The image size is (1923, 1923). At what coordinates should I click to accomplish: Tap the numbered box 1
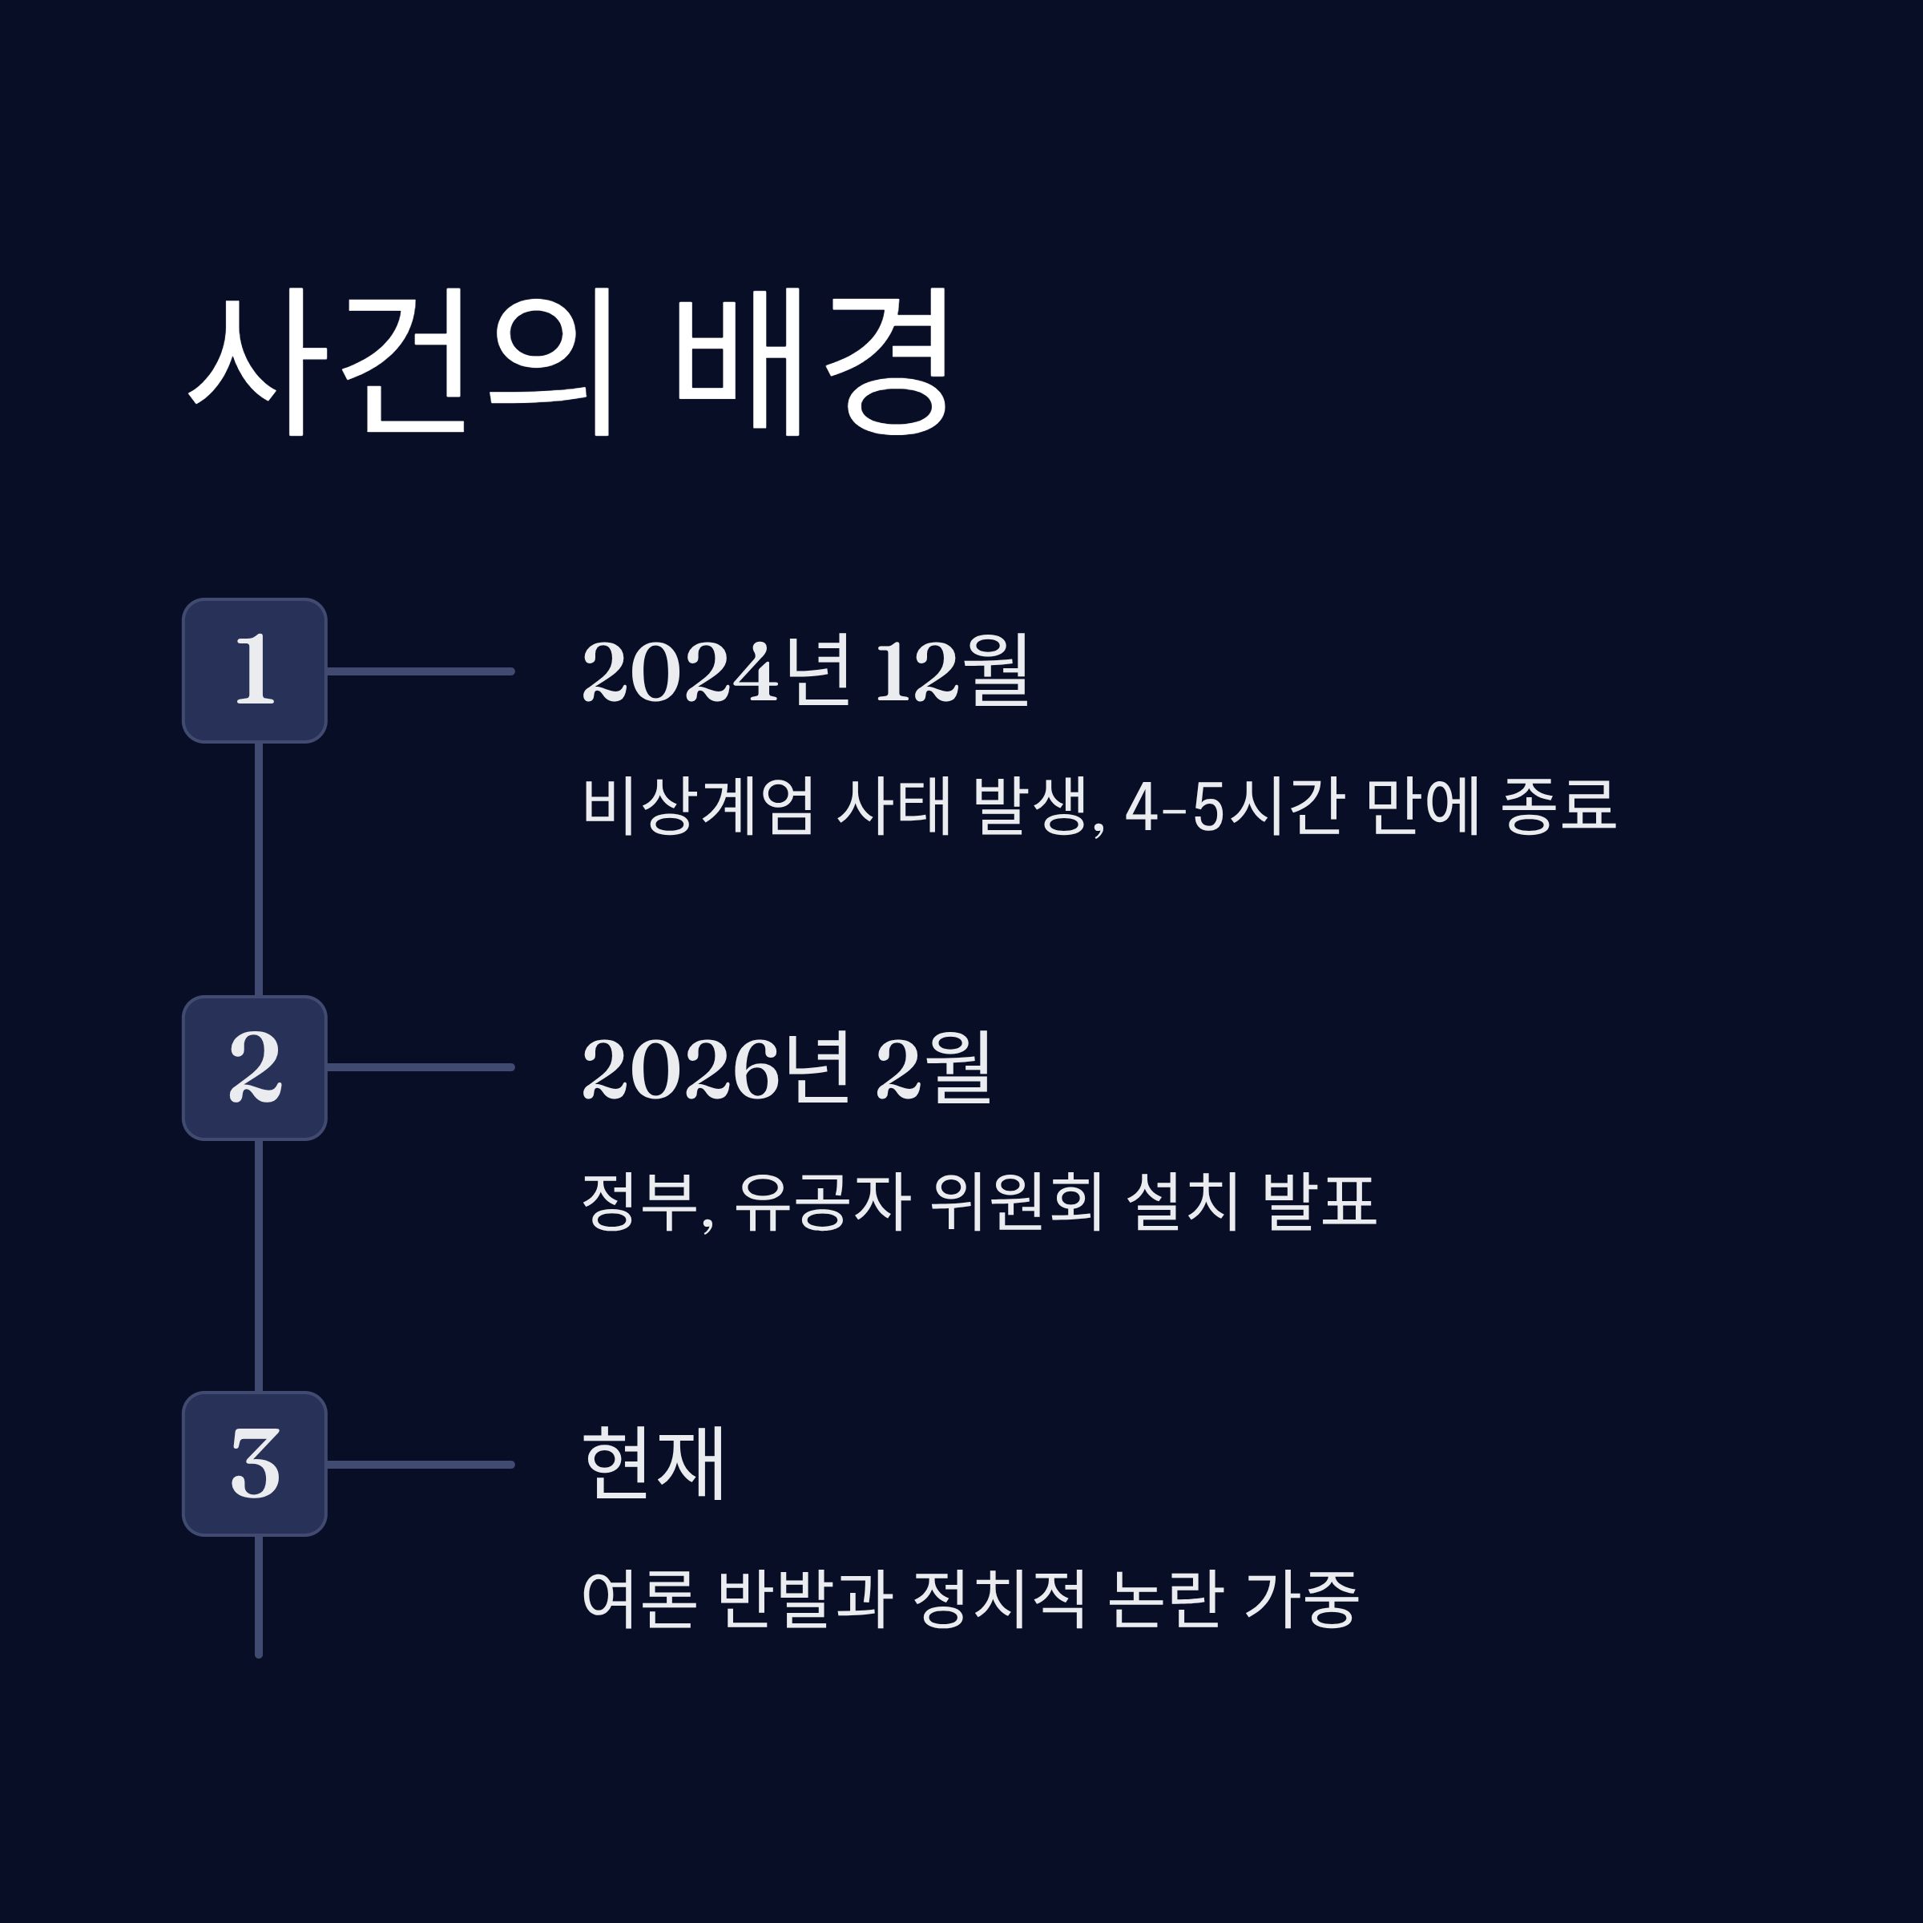[x=255, y=671]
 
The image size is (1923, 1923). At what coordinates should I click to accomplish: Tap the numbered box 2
[x=255, y=1068]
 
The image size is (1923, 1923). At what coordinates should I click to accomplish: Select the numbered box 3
[x=255, y=1464]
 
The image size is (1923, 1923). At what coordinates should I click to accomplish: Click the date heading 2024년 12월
[x=805, y=671]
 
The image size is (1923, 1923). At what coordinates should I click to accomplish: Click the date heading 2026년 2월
[x=786, y=1068]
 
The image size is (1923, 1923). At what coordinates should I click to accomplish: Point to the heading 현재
[x=653, y=1463]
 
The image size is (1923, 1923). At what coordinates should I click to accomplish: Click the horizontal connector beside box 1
[x=420, y=672]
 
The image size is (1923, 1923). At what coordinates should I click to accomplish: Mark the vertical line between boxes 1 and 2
[x=259, y=869]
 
